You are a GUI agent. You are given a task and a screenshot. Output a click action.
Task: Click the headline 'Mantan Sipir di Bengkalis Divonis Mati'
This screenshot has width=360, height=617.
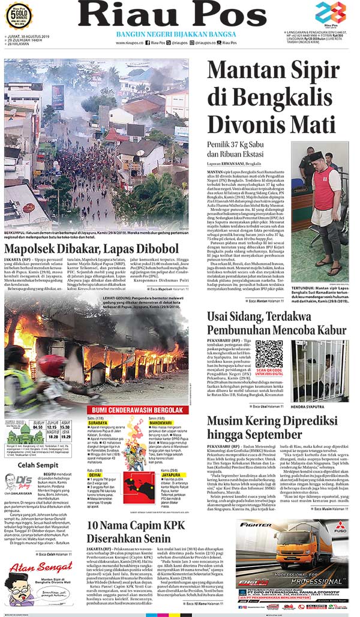tap(271, 98)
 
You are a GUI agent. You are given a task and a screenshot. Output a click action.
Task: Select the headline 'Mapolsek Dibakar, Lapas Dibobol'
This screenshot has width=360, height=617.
tap(91, 249)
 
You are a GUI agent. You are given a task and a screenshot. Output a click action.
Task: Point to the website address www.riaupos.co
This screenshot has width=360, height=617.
tap(129, 43)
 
